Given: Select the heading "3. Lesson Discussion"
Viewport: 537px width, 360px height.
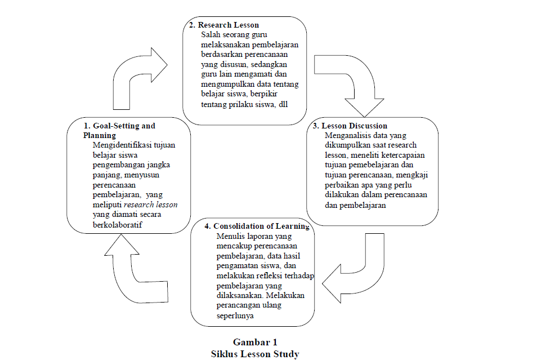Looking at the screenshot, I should (350, 126).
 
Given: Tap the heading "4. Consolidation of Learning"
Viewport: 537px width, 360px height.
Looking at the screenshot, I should (257, 226).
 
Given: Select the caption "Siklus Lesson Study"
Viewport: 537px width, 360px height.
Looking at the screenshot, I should (255, 354).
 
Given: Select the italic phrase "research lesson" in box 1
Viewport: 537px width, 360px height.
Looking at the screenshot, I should (151, 205).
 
